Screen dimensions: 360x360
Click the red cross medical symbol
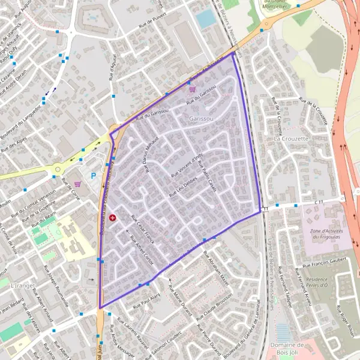coord(113,217)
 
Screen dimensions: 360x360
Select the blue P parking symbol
coord(93,176)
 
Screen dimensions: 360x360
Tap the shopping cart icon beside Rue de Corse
coord(78,184)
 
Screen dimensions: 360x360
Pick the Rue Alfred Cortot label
coord(142,249)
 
